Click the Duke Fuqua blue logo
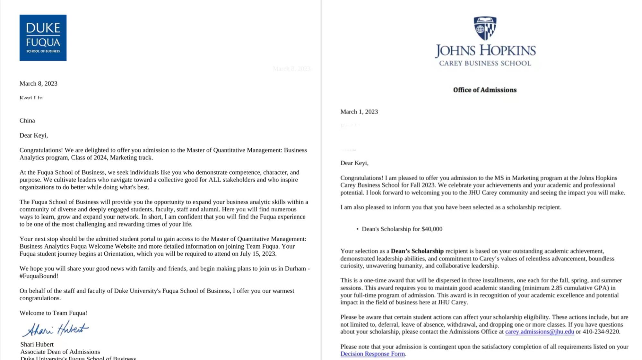click(43, 38)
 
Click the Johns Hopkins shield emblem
click(485, 28)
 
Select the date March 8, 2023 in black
click(39, 83)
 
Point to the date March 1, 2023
click(359, 112)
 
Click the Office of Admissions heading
click(485, 90)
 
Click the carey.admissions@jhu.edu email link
click(539, 332)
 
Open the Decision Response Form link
click(372, 354)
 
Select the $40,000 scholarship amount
click(432, 229)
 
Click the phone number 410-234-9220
click(601, 332)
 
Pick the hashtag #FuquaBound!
click(39, 276)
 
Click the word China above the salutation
click(27, 121)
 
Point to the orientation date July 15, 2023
click(257, 254)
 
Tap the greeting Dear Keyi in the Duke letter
click(34, 135)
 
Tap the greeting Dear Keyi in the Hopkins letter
click(354, 163)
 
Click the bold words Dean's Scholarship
click(417, 251)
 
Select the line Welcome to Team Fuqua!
click(53, 313)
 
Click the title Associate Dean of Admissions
click(60, 352)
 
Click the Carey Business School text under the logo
click(485, 63)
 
